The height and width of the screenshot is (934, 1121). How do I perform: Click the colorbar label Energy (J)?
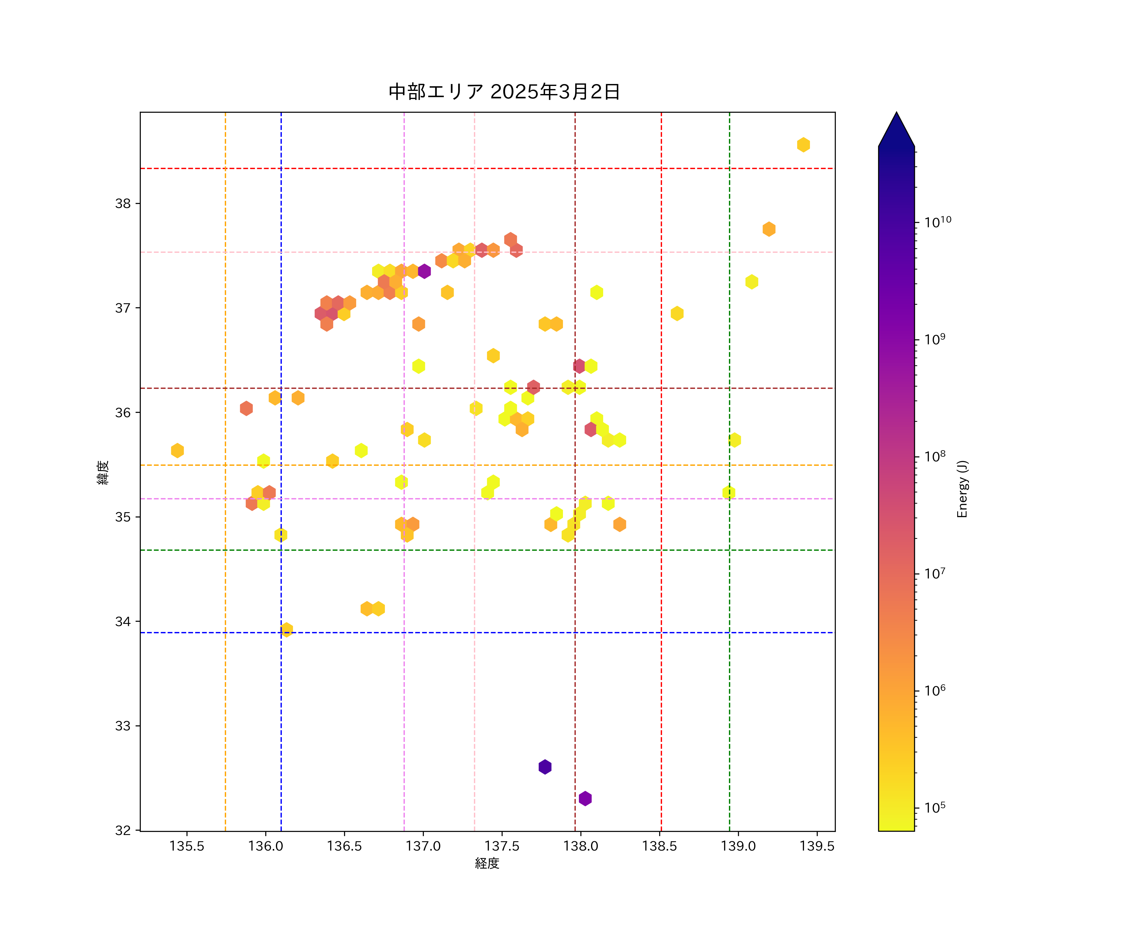(x=962, y=489)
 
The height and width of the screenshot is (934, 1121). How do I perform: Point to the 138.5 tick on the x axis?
(x=659, y=846)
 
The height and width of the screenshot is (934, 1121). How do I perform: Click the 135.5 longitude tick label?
(x=187, y=846)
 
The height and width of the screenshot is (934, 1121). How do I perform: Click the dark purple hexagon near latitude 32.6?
(x=545, y=767)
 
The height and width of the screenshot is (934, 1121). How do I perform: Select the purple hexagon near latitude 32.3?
(x=585, y=799)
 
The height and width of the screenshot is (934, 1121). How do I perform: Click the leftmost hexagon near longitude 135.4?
(x=177, y=450)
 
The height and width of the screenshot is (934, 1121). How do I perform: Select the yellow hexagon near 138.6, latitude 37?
(x=677, y=313)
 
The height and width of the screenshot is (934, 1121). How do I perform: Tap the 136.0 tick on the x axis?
(x=265, y=846)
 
